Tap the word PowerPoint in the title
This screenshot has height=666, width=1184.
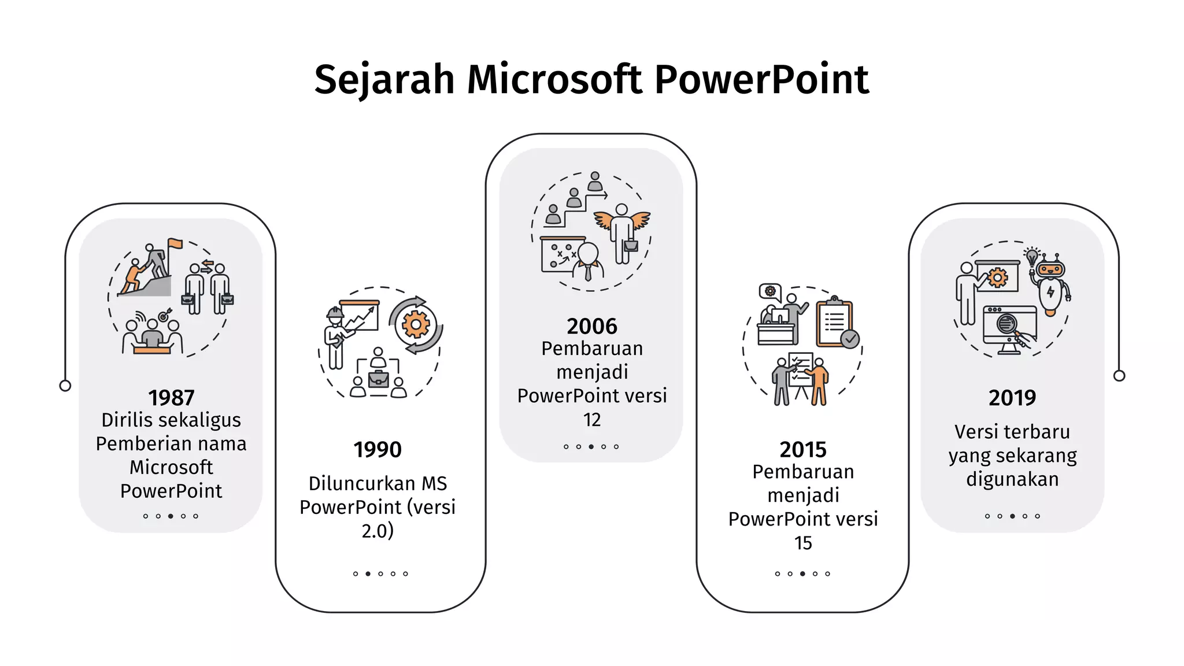(761, 79)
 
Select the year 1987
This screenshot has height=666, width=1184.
(171, 398)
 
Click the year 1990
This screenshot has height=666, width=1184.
(378, 450)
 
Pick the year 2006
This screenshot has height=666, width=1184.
(592, 327)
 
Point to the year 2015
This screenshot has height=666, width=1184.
(803, 450)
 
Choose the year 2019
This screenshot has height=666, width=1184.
(1012, 398)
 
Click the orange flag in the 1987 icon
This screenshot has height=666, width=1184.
(175, 243)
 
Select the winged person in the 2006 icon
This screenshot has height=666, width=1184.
(622, 231)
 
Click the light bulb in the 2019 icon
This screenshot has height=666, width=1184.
(1031, 257)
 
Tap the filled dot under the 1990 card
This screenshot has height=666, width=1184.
(368, 574)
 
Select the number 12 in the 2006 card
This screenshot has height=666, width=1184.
(592, 420)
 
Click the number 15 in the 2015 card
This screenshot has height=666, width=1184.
(803, 543)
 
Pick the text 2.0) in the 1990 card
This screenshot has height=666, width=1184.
(378, 531)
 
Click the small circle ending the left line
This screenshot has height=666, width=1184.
(65, 386)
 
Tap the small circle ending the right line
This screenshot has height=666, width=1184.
(1119, 376)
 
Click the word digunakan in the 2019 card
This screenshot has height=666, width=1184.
(1012, 479)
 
